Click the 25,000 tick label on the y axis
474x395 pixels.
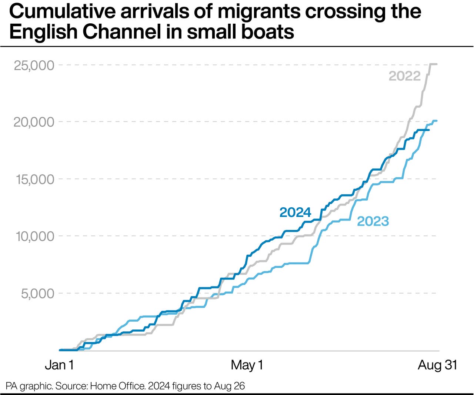(34, 66)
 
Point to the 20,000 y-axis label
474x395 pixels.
(34, 122)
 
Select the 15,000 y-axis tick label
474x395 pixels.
(34, 180)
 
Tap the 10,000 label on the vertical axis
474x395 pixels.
(35, 236)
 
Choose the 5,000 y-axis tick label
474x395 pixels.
(37, 294)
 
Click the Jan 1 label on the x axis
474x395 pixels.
(59, 365)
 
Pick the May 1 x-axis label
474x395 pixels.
(247, 365)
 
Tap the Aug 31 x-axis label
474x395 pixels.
(437, 365)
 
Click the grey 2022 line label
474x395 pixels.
(404, 76)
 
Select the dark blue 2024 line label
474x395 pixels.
(295, 212)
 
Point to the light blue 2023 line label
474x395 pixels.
(373, 221)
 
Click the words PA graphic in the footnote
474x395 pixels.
(29, 386)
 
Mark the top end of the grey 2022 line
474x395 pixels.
(436, 64)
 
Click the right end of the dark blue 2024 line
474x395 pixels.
(429, 130)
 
